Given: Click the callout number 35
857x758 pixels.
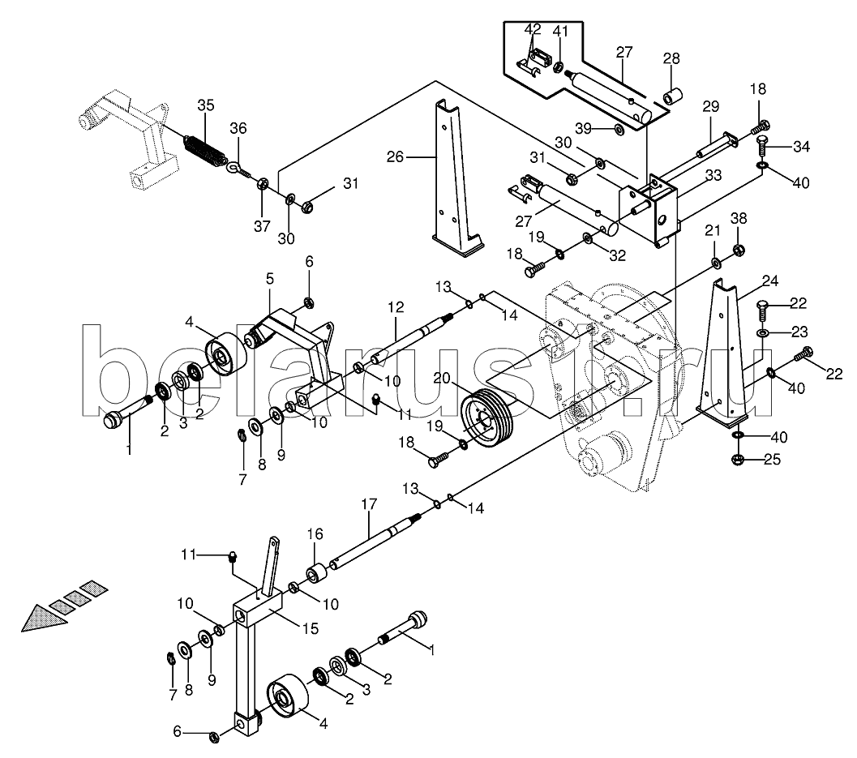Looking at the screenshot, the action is click(x=205, y=105).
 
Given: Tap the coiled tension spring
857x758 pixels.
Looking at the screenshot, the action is click(x=204, y=148).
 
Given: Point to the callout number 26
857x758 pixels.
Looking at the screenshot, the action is click(x=395, y=157).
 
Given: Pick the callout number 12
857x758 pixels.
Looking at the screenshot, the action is click(x=396, y=307).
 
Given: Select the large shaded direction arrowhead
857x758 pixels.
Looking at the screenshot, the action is click(x=45, y=618).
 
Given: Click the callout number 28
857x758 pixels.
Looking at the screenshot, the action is click(x=671, y=58).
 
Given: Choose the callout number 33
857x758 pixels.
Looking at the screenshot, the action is click(x=713, y=175).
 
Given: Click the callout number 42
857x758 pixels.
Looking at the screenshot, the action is click(x=533, y=29).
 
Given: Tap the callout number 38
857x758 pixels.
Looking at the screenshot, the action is click(x=739, y=219).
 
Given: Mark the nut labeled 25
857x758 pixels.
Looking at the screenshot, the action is click(x=736, y=460).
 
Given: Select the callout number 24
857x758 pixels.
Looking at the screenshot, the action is click(x=769, y=281).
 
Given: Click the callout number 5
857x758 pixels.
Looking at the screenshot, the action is click(x=270, y=279).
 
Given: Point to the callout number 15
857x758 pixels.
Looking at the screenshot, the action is click(x=310, y=629).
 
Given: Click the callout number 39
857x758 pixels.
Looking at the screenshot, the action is click(x=584, y=128).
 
